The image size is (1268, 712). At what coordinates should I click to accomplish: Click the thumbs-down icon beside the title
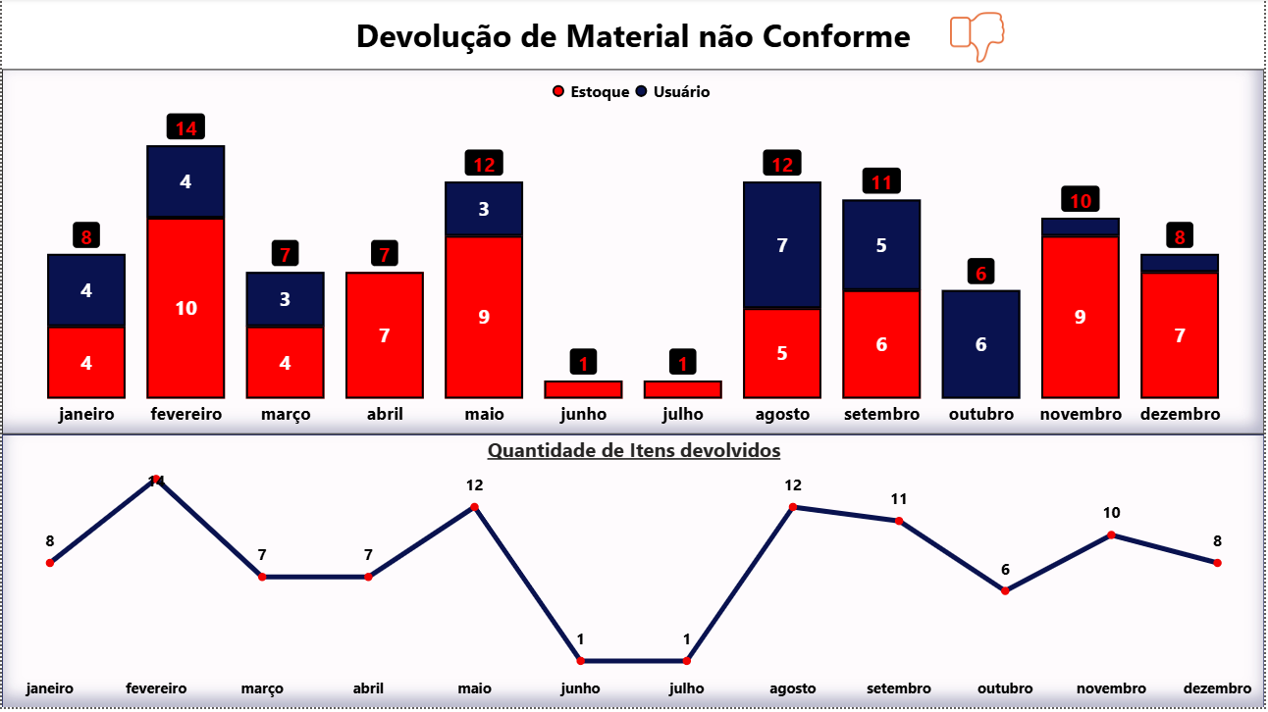[977, 36]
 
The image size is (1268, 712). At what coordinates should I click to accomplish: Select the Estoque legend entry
[592, 92]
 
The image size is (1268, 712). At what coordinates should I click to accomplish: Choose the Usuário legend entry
[672, 92]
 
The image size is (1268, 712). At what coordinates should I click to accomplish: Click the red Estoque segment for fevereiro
[185, 307]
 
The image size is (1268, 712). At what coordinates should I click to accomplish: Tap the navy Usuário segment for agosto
[782, 245]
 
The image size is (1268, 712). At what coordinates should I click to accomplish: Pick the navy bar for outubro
[980, 344]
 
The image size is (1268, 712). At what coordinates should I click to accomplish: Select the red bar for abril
[384, 334]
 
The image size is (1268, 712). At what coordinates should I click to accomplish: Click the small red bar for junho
[583, 389]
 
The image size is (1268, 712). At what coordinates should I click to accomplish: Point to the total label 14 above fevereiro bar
[185, 127]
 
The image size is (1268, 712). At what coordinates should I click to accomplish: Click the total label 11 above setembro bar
[881, 181]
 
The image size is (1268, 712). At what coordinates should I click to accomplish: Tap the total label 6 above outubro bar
[980, 272]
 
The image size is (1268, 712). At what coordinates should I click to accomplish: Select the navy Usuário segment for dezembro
[1178, 263]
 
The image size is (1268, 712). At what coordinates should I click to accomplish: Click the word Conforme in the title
[836, 36]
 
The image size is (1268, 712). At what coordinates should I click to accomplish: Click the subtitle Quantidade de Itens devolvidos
[634, 451]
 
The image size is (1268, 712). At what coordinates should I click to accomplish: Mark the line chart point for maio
[474, 507]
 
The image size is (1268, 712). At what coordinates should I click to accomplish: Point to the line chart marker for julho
[686, 661]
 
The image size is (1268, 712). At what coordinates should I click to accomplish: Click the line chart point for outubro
[1005, 590]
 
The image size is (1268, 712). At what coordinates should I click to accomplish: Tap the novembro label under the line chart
[1111, 688]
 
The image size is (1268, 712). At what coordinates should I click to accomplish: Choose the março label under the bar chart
[285, 414]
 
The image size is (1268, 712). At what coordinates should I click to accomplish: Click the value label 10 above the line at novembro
[1111, 513]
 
